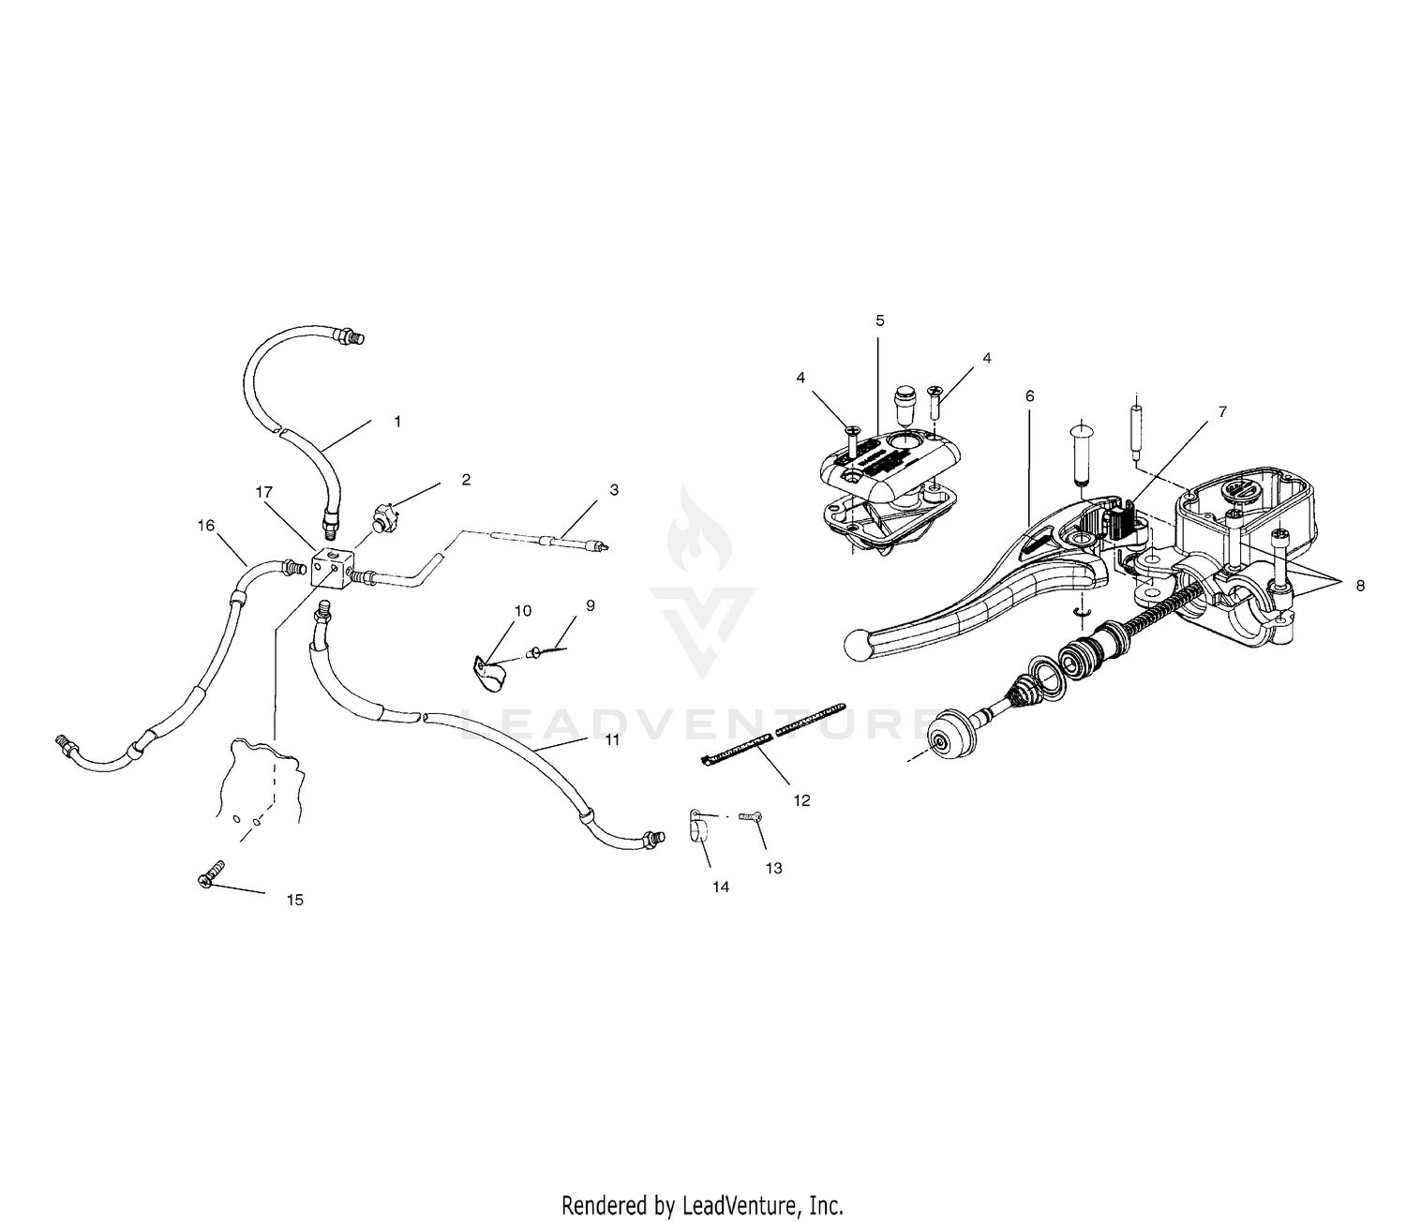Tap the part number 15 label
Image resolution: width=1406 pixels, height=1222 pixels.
pyautogui.click(x=294, y=900)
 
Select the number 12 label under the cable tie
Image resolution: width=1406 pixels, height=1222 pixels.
pyautogui.click(x=801, y=800)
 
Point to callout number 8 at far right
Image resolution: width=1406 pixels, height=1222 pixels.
pyautogui.click(x=1360, y=586)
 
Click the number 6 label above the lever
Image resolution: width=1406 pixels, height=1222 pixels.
pyautogui.click(x=1029, y=396)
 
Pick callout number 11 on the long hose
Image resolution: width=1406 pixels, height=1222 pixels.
pyautogui.click(x=611, y=739)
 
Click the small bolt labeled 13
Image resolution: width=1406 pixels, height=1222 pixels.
pyautogui.click(x=748, y=816)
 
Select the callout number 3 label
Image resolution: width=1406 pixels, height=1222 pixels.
pyautogui.click(x=613, y=490)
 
